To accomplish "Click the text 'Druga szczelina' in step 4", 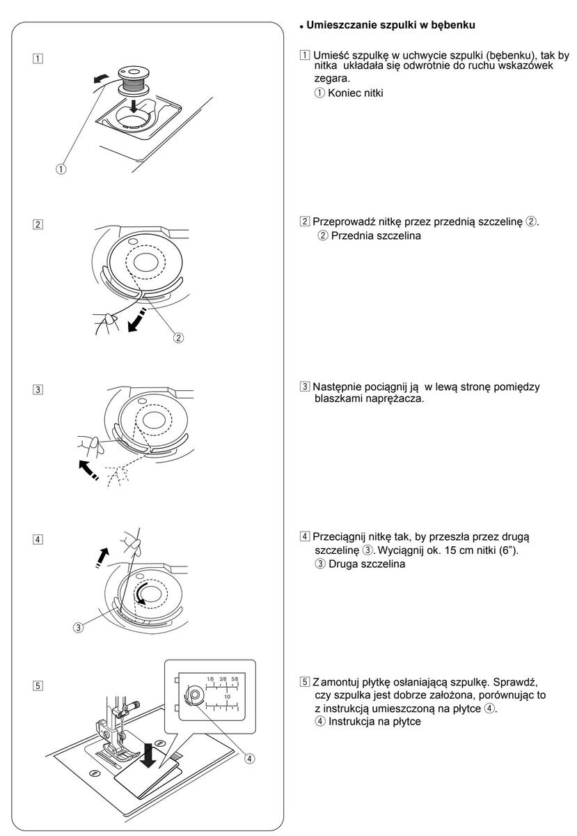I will [365, 564].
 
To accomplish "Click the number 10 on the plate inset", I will [227, 695].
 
